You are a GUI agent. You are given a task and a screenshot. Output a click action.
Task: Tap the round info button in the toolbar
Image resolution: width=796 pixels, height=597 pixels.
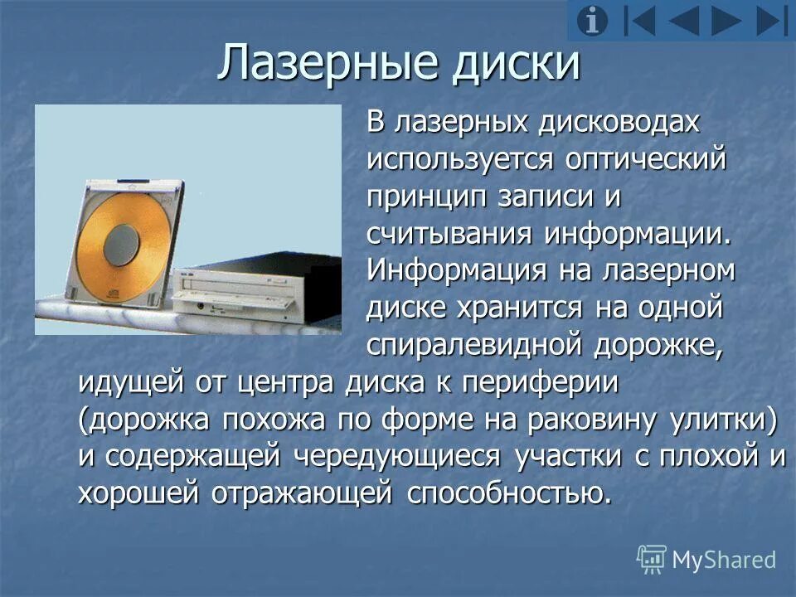(591, 21)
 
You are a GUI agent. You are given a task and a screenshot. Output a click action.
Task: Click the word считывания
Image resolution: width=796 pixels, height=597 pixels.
(449, 234)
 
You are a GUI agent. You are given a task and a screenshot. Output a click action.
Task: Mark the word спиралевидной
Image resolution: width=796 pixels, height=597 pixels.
(474, 346)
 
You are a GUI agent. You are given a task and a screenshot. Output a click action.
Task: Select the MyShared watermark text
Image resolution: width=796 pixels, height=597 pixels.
(723, 560)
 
